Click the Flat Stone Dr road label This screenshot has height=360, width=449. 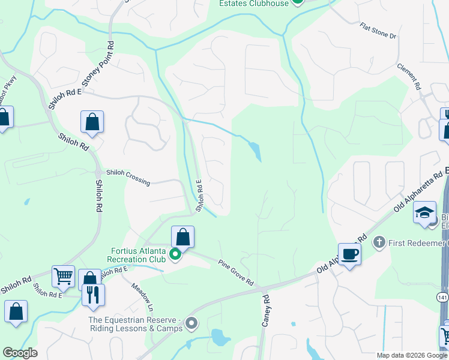click(x=378, y=32)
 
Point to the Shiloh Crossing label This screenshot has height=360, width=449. click(x=128, y=177)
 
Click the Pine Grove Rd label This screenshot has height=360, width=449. click(x=236, y=272)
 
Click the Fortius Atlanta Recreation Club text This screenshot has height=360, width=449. click(x=137, y=255)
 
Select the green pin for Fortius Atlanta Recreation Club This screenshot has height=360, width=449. click(x=175, y=255)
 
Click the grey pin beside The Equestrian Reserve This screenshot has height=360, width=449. click(x=191, y=324)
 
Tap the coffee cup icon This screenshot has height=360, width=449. click(x=349, y=254)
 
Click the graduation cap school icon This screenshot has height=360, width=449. click(x=425, y=212)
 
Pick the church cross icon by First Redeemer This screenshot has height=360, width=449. click(x=378, y=242)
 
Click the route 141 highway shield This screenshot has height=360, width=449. click(x=442, y=298)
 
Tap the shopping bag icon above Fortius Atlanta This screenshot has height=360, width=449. click(x=183, y=238)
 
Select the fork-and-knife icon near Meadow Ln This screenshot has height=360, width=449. click(x=93, y=295)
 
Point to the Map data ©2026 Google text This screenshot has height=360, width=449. click(x=411, y=355)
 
